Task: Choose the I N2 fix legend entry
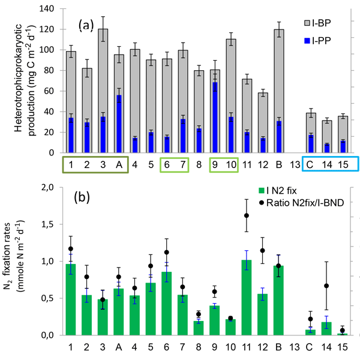pyautogui.click(x=288, y=192)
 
